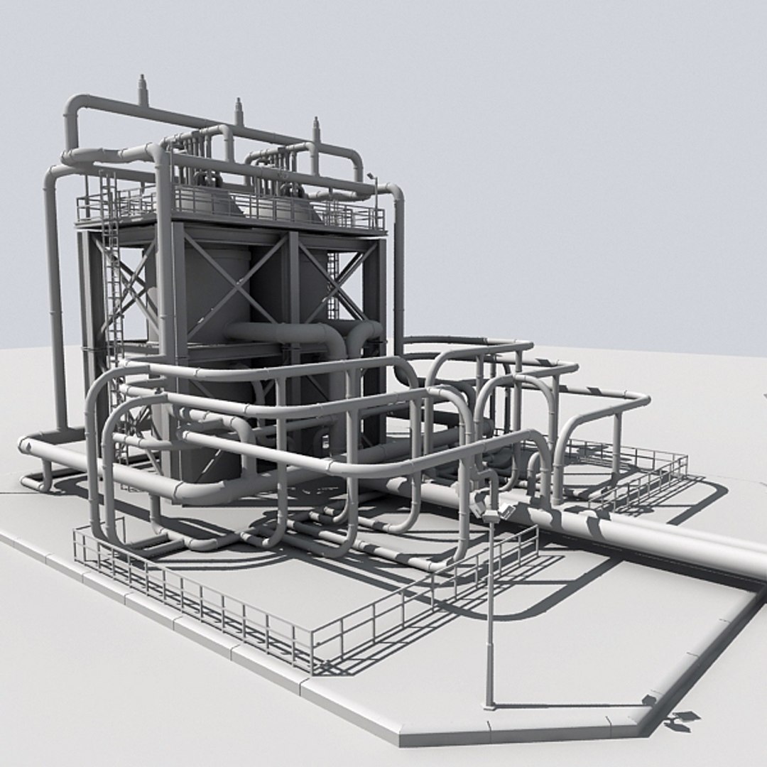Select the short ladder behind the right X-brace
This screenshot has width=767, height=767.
click(x=332, y=284)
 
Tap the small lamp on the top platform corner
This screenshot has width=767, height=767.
click(x=371, y=177)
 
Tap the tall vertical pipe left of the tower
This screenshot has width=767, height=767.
click(x=53, y=298)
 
